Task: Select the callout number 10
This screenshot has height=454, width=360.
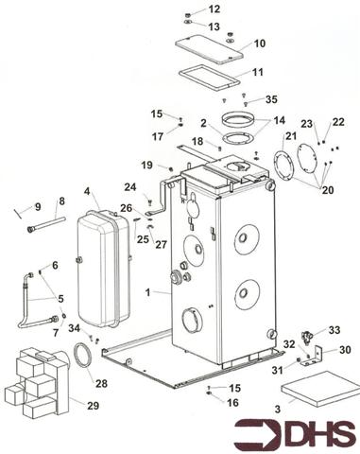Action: [259, 43]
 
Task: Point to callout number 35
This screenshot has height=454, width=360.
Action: [272, 98]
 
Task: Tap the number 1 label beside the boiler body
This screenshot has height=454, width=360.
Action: [148, 294]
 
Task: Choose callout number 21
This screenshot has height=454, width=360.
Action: [291, 138]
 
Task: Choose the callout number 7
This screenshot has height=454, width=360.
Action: [54, 333]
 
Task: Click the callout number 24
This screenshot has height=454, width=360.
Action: [129, 186]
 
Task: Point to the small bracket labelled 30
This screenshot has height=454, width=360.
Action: [318, 356]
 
